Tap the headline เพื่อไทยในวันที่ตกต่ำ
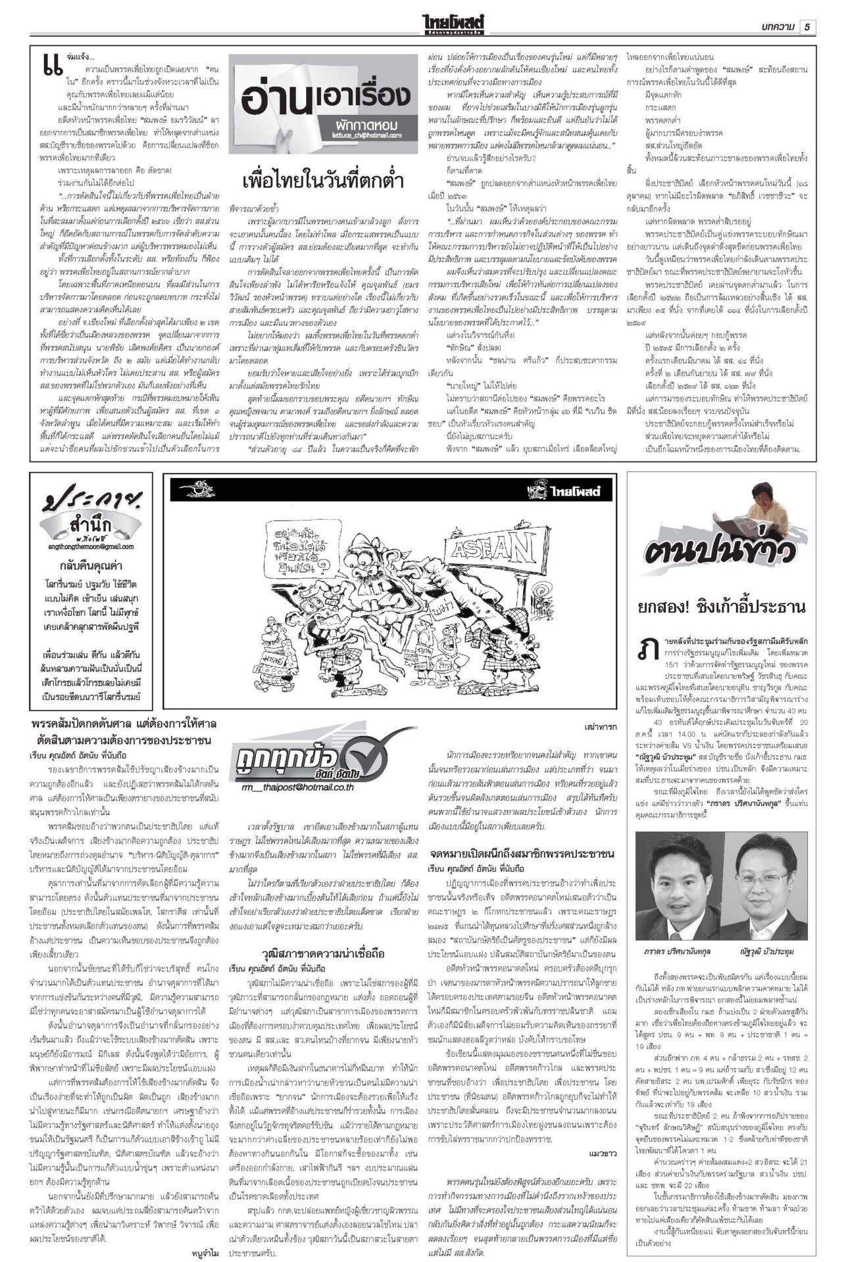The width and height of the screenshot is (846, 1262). pos(322,180)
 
